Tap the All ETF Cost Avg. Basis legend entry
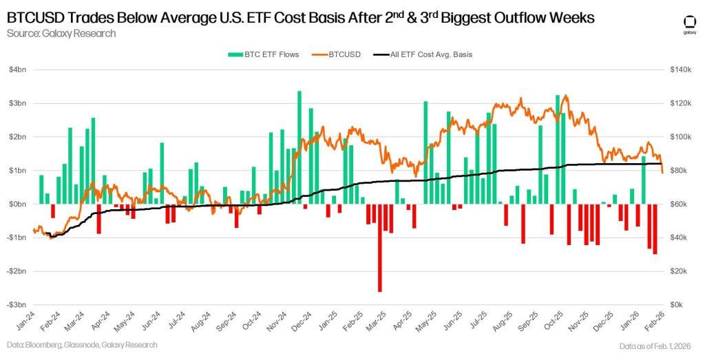[x=427, y=54]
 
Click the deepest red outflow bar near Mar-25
[x=379, y=248]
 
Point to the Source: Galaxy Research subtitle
[x=61, y=33]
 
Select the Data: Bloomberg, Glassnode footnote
[x=82, y=345]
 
